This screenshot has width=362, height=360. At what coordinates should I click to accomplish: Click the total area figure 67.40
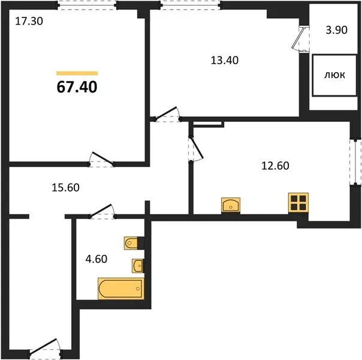pyautogui.click(x=77, y=87)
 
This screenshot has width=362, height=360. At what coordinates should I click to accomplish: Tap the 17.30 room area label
pyautogui.click(x=29, y=21)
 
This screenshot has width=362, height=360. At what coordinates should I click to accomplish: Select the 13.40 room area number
pyautogui.click(x=225, y=61)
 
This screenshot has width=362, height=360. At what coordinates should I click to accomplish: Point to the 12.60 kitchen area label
pyautogui.click(x=275, y=166)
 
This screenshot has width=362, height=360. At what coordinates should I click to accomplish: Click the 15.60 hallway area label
pyautogui.click(x=65, y=188)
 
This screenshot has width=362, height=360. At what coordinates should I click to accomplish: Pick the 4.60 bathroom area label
pyautogui.click(x=96, y=259)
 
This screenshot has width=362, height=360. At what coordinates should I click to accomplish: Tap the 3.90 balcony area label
pyautogui.click(x=337, y=30)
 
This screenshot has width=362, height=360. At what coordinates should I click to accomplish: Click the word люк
pyautogui.click(x=335, y=75)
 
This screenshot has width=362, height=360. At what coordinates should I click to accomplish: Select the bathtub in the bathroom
pyautogui.click(x=121, y=289)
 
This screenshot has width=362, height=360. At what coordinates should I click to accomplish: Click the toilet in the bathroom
pyautogui.click(x=131, y=243)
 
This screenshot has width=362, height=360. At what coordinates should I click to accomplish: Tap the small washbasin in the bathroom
pyautogui.click(x=138, y=266)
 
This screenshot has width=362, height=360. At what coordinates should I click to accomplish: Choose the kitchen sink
pyautogui.click(x=231, y=205)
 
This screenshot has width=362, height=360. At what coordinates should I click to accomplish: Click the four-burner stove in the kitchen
pyautogui.click(x=298, y=203)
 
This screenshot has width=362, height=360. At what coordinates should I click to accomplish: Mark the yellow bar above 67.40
pyautogui.click(x=77, y=73)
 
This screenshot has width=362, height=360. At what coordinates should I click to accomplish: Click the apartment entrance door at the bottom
pyautogui.click(x=45, y=350)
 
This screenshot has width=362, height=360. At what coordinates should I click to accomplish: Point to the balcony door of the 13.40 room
pyautogui.click(x=300, y=38)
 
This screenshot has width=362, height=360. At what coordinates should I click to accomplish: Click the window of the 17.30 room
pyautogui.click(x=88, y=5)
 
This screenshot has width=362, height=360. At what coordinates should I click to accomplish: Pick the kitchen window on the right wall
pyautogui.click(x=355, y=162)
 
